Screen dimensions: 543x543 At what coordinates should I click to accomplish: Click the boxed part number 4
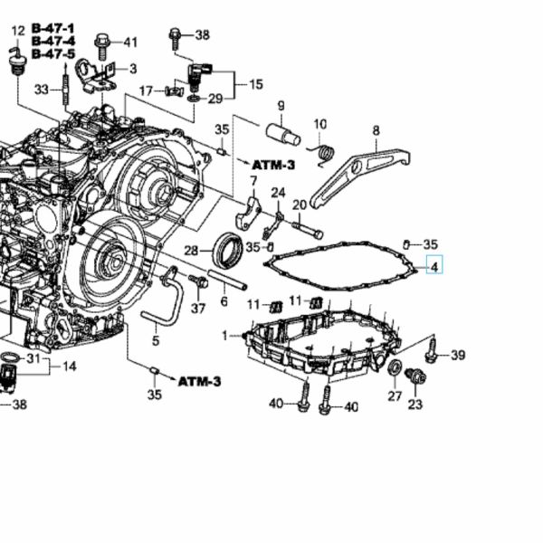coord(434,266)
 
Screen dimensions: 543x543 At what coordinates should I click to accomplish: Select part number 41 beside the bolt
coord(130,42)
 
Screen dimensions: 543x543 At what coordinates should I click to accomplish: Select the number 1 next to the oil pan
coord(225,336)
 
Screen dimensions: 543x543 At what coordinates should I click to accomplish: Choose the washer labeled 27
coord(395,367)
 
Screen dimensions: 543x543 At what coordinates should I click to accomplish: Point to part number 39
coord(458,355)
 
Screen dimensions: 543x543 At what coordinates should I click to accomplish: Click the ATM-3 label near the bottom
coord(199,381)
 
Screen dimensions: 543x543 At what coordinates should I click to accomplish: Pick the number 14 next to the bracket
coord(69,366)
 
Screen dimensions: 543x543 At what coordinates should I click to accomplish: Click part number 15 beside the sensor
coord(256,84)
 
